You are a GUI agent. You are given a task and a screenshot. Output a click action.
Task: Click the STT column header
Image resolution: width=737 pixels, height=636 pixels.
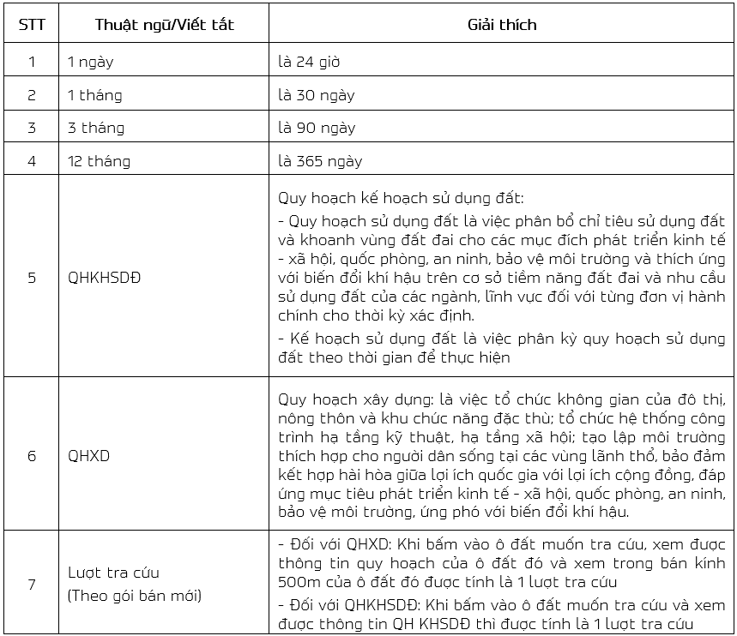(32, 24)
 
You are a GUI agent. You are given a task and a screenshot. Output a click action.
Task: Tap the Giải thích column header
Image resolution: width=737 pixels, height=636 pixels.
(501, 24)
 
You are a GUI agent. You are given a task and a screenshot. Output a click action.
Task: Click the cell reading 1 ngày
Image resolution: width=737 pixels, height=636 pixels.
(91, 62)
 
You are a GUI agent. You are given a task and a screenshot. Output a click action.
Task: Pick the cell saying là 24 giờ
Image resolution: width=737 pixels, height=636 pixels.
(311, 62)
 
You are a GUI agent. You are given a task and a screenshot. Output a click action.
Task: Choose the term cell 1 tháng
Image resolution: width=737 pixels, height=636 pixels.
(95, 95)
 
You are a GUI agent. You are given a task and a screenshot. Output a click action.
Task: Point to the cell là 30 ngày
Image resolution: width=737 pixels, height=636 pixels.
(316, 95)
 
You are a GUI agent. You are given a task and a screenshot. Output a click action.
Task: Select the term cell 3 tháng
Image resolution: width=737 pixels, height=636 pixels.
(96, 128)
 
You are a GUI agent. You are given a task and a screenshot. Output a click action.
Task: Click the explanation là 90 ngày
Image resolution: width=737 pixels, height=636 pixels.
(316, 128)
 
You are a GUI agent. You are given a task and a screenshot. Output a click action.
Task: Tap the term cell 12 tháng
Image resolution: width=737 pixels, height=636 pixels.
(100, 160)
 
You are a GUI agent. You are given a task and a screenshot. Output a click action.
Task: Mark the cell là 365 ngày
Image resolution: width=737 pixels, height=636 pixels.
(320, 160)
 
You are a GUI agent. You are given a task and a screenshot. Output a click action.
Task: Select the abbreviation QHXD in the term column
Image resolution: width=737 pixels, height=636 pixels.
(89, 455)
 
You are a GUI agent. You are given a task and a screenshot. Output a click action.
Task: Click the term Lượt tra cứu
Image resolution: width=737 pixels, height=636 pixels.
(114, 573)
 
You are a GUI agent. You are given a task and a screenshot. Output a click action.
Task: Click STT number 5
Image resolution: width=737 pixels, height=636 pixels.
(32, 279)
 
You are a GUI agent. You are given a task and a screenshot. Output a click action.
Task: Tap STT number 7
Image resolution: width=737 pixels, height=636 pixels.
(32, 584)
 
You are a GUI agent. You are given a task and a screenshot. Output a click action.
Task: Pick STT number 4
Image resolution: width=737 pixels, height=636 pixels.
(32, 160)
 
